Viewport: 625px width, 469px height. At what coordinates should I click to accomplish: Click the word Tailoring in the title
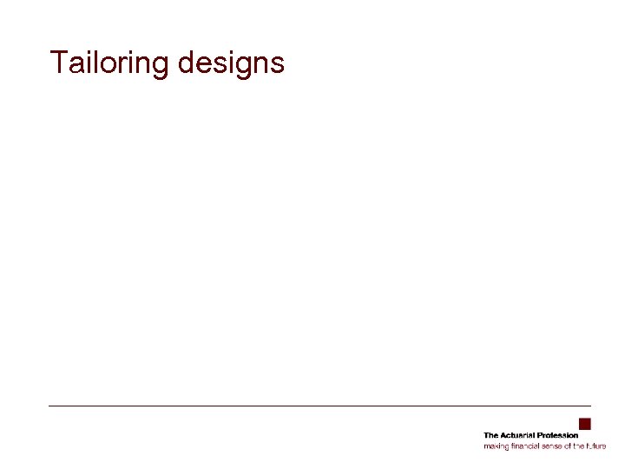tap(109, 63)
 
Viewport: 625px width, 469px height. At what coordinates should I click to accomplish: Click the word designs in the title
tap(230, 63)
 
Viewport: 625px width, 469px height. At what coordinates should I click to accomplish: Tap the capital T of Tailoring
tap(59, 62)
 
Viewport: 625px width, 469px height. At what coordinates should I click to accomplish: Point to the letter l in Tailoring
tap(96, 62)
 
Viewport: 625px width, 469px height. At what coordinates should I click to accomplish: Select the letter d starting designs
tap(185, 63)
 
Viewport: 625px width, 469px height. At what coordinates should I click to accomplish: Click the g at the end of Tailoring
tap(159, 67)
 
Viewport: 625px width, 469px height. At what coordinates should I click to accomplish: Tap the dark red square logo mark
tap(585, 424)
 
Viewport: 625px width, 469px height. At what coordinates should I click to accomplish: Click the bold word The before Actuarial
tap(490, 435)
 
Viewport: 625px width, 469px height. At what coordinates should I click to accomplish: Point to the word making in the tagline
tap(495, 446)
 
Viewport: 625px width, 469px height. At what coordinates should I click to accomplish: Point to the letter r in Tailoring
tap(122, 65)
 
